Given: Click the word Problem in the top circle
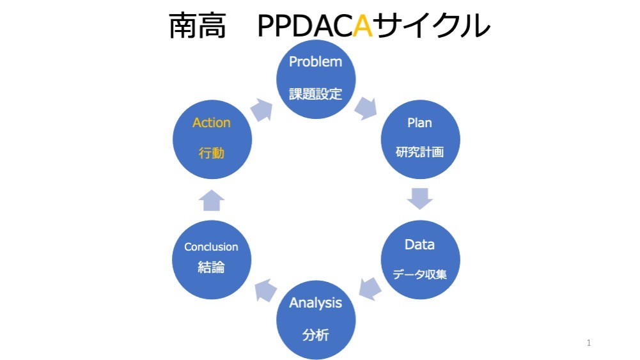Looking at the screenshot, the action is [315, 61].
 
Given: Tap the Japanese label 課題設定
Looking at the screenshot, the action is [315, 94].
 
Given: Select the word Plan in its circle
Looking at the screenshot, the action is [419, 123].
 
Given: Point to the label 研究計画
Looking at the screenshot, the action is [419, 152].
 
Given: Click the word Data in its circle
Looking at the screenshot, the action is [419, 244].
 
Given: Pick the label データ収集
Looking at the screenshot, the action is [419, 274].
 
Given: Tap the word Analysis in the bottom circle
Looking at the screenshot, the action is [315, 303].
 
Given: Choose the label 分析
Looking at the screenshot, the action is [315, 335].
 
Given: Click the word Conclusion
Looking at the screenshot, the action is [211, 247].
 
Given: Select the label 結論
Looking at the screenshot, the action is [211, 267].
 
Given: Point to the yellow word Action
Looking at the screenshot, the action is [212, 122].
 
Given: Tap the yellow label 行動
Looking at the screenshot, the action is [212, 153].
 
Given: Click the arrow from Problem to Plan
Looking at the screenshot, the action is [366, 109].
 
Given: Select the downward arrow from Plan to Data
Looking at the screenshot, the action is [419, 199].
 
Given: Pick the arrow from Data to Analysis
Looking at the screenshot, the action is [370, 288].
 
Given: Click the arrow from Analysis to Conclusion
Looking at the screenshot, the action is [265, 290].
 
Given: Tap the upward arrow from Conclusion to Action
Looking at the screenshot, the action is [212, 200].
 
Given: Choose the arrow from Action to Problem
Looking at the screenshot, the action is [261, 110].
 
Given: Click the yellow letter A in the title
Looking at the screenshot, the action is [363, 26].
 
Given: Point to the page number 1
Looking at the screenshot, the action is [589, 343].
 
